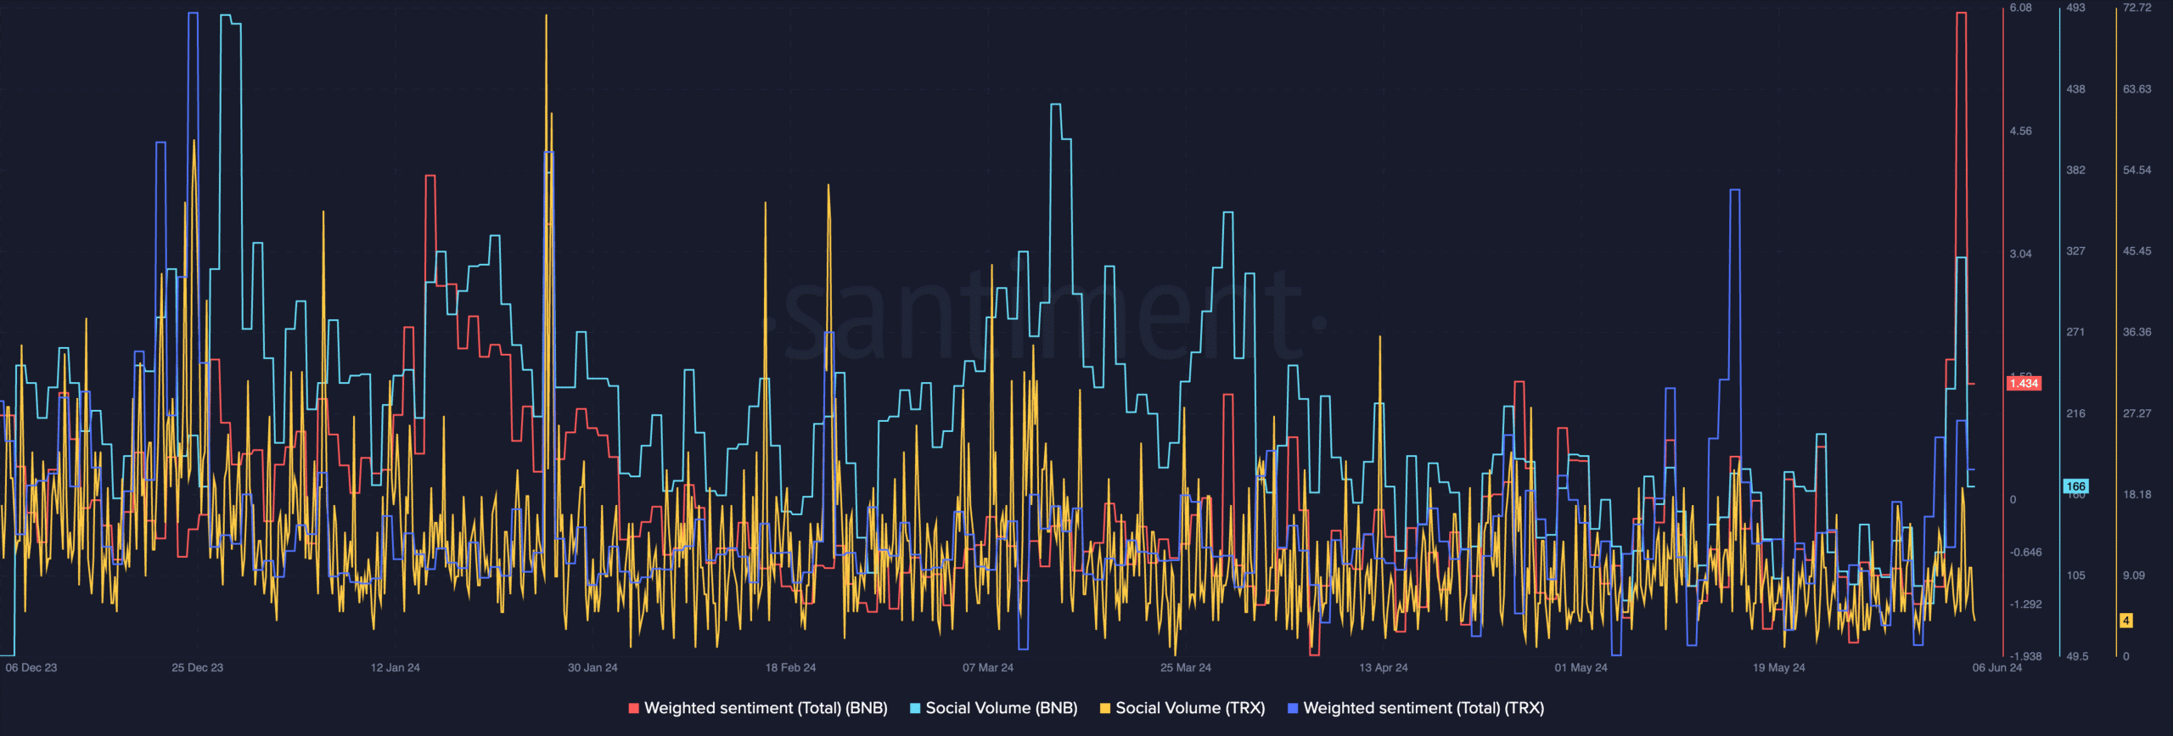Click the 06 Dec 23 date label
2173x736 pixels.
tap(31, 668)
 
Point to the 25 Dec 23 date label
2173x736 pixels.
tap(197, 668)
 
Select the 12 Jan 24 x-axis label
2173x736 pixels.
tap(395, 668)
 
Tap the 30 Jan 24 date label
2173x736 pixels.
tap(592, 668)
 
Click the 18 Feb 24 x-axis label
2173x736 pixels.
tap(790, 668)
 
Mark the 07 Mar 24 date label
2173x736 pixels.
tap(988, 668)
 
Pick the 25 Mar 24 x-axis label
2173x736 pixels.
tap(1186, 668)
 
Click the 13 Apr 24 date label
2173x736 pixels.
tap(1384, 668)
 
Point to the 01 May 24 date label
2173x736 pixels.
tap(1581, 668)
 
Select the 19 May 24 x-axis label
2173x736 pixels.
tap(1779, 668)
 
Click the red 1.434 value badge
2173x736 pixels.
tap(2024, 384)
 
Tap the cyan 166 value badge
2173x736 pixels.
tap(2075, 486)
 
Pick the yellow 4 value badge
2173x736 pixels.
tap(2126, 621)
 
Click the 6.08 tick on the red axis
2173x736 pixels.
tap(2021, 8)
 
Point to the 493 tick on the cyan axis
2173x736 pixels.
tap(2075, 8)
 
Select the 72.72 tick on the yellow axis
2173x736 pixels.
tap(2137, 8)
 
